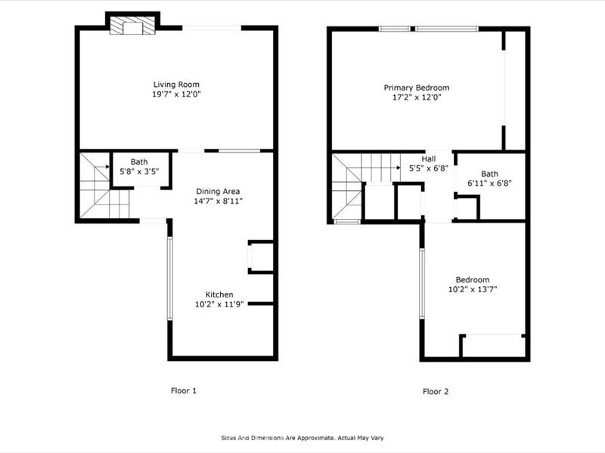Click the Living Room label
click(176, 85)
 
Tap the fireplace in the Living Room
click(132, 25)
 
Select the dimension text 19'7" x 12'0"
click(177, 94)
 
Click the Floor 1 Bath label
click(139, 162)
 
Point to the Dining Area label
click(218, 192)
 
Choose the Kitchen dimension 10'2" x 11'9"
click(219, 304)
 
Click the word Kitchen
click(219, 294)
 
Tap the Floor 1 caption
click(184, 390)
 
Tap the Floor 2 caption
click(436, 391)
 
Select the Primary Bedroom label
click(417, 88)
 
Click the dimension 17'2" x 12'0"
click(417, 97)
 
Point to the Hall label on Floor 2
click(429, 159)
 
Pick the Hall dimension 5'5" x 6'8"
click(429, 168)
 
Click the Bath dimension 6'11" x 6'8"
click(489, 183)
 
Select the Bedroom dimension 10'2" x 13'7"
click(473, 289)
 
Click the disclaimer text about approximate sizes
click(302, 438)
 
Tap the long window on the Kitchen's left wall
click(169, 279)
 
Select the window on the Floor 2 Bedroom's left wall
click(422, 284)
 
